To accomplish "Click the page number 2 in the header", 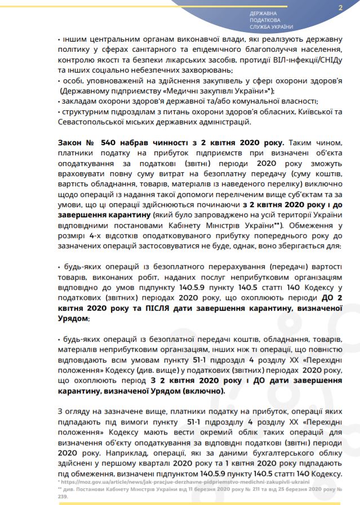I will pyautogui.click(x=340, y=8).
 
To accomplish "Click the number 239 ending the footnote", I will pyautogui.click(x=63, y=497).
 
